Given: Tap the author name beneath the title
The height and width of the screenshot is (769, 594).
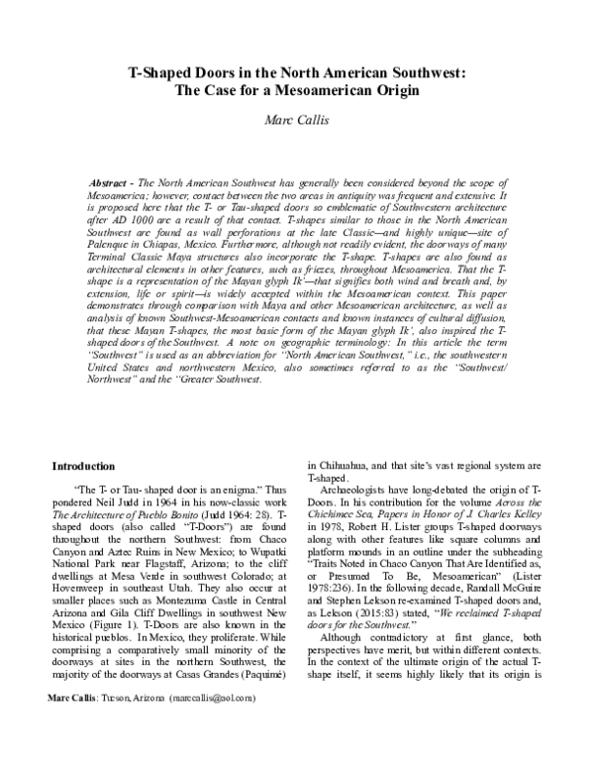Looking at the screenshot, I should tap(297, 121).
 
